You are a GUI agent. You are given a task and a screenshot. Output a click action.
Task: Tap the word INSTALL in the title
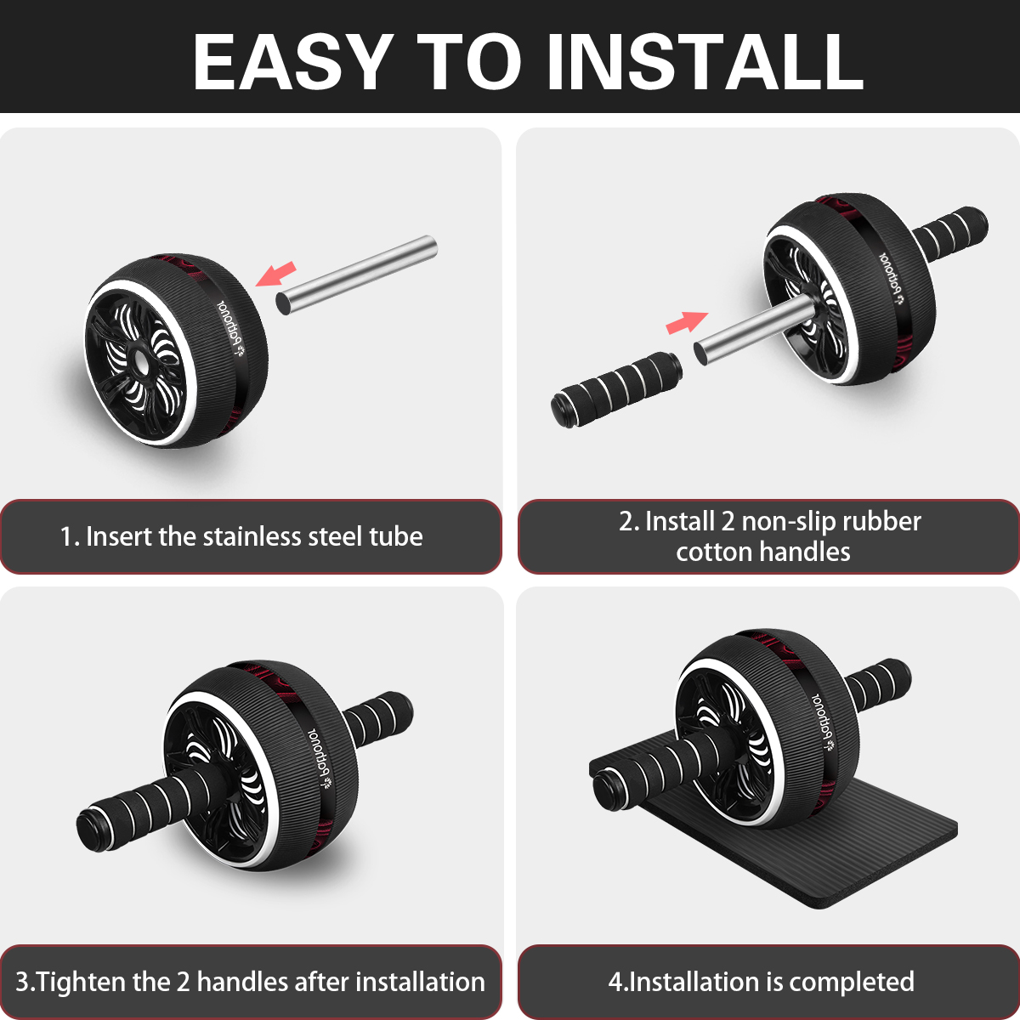pyautogui.click(x=705, y=62)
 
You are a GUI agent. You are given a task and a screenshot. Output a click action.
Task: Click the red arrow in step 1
pyautogui.click(x=275, y=274)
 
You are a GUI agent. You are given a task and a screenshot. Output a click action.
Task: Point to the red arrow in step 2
pyautogui.click(x=687, y=322)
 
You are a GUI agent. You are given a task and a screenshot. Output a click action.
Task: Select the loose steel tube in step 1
pyautogui.click(x=357, y=275)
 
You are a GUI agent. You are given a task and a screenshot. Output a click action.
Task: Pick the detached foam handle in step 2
pyautogui.click(x=616, y=389)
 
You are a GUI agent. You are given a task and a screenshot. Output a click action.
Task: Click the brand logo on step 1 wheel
pyautogui.click(x=230, y=330)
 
